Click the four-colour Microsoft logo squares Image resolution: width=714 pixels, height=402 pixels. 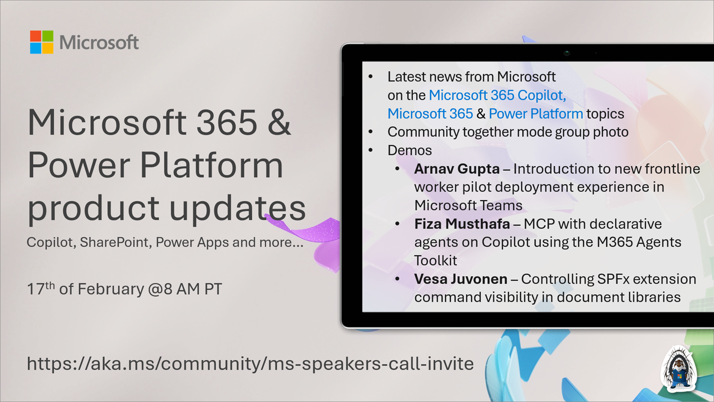pos(41,42)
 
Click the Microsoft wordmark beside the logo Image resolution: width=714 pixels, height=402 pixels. pos(99,42)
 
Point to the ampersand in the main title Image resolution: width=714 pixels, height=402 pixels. pos(279,122)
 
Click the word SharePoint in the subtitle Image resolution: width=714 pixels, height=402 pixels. pos(114,242)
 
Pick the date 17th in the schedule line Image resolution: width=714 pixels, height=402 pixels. pos(40,289)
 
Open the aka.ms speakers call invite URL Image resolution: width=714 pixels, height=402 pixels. pos(250,363)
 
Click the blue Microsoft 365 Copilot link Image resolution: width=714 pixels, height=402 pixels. pos(497,95)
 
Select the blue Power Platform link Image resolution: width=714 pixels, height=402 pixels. pos(535,114)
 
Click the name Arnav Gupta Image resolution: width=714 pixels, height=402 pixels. pos(456,169)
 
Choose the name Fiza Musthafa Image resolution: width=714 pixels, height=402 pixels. pos(462,224)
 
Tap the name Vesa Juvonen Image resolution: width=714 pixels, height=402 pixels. pos(460,279)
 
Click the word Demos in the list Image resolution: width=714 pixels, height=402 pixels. pos(409,151)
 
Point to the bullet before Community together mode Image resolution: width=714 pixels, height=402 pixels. pos(371,132)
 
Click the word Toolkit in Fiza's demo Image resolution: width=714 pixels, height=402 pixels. pos(435,261)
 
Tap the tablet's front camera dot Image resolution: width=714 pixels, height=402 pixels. pos(566,53)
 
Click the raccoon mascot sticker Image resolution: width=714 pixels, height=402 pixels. pos(679,369)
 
